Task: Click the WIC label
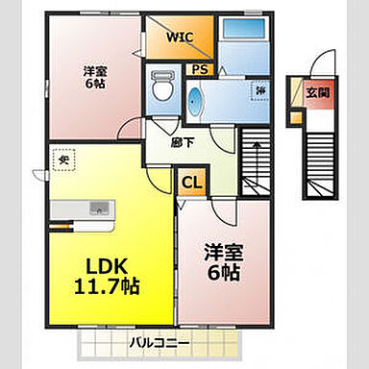click(x=179, y=37)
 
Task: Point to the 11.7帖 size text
click(x=107, y=285)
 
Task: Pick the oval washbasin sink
click(x=196, y=102)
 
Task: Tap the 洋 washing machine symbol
click(x=260, y=90)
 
